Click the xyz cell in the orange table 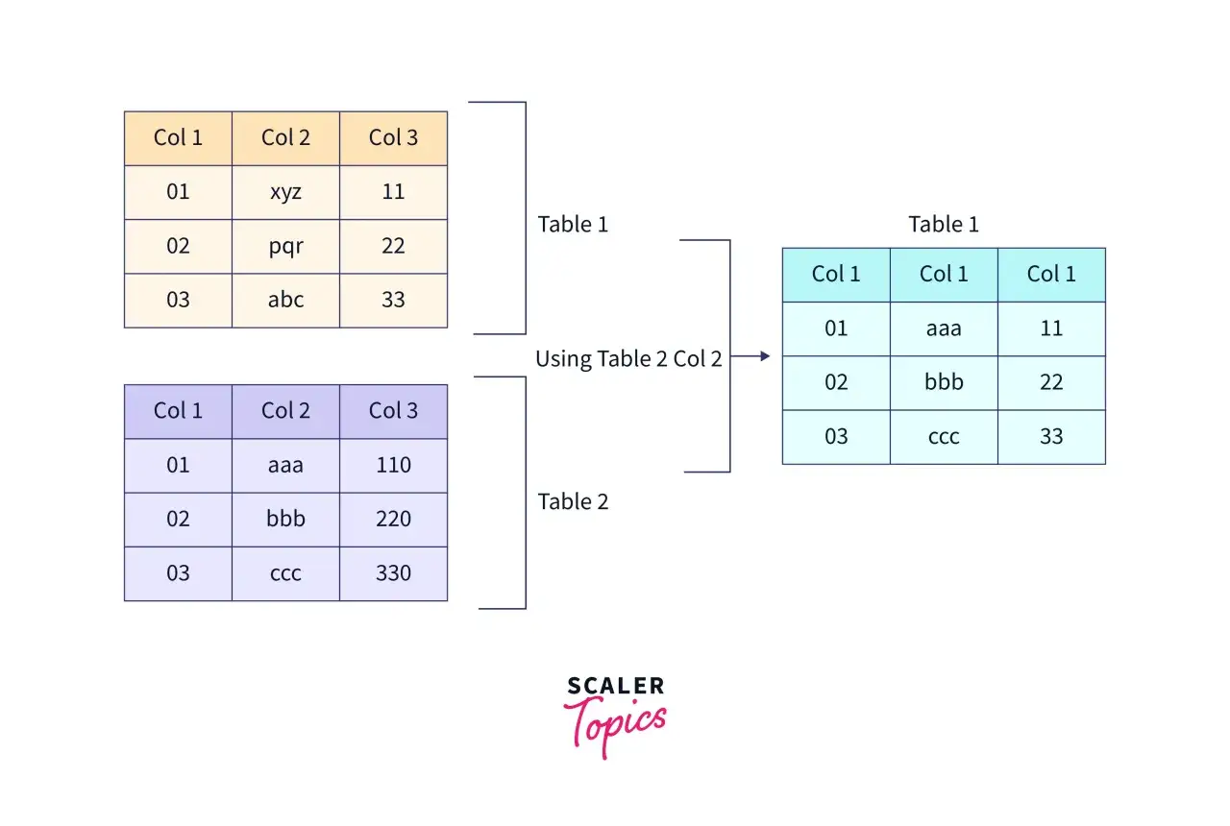(x=285, y=192)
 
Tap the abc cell (x=285, y=301)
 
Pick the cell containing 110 (x=393, y=466)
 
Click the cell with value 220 (x=393, y=520)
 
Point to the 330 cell (x=393, y=573)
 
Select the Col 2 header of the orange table (x=285, y=138)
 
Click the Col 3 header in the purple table (x=393, y=412)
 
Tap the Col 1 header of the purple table (x=178, y=412)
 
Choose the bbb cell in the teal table (x=944, y=382)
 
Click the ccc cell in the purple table (x=285, y=573)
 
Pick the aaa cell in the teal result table (x=944, y=328)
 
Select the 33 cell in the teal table (x=1051, y=437)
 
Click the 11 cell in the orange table (x=393, y=192)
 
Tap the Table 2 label (x=573, y=501)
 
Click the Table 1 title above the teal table (x=944, y=224)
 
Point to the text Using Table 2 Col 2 (x=628, y=359)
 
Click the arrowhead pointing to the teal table (x=765, y=356)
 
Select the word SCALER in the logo (x=616, y=686)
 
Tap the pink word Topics (x=615, y=725)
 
